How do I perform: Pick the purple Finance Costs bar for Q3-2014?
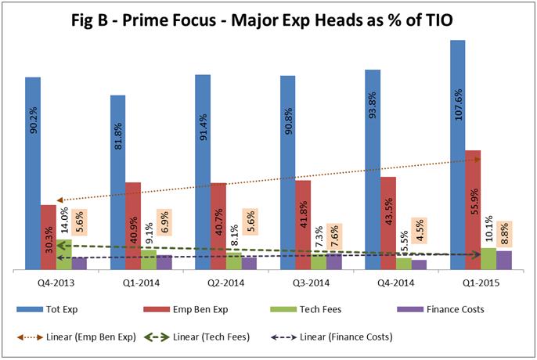tap(333, 261)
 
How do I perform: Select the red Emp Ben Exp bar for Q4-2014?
tap(388, 223)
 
